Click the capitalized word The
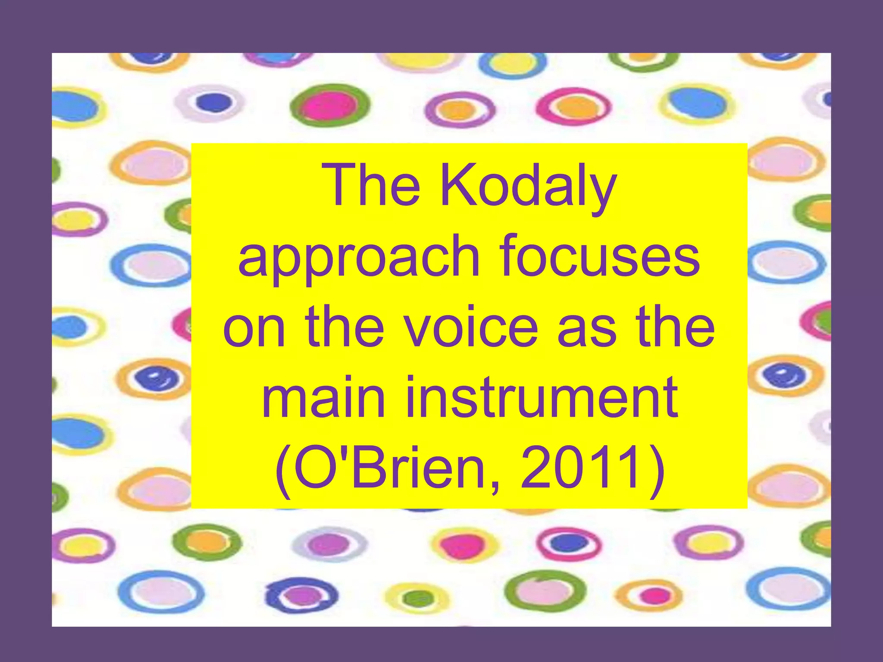point(373,186)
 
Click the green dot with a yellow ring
point(415,598)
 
